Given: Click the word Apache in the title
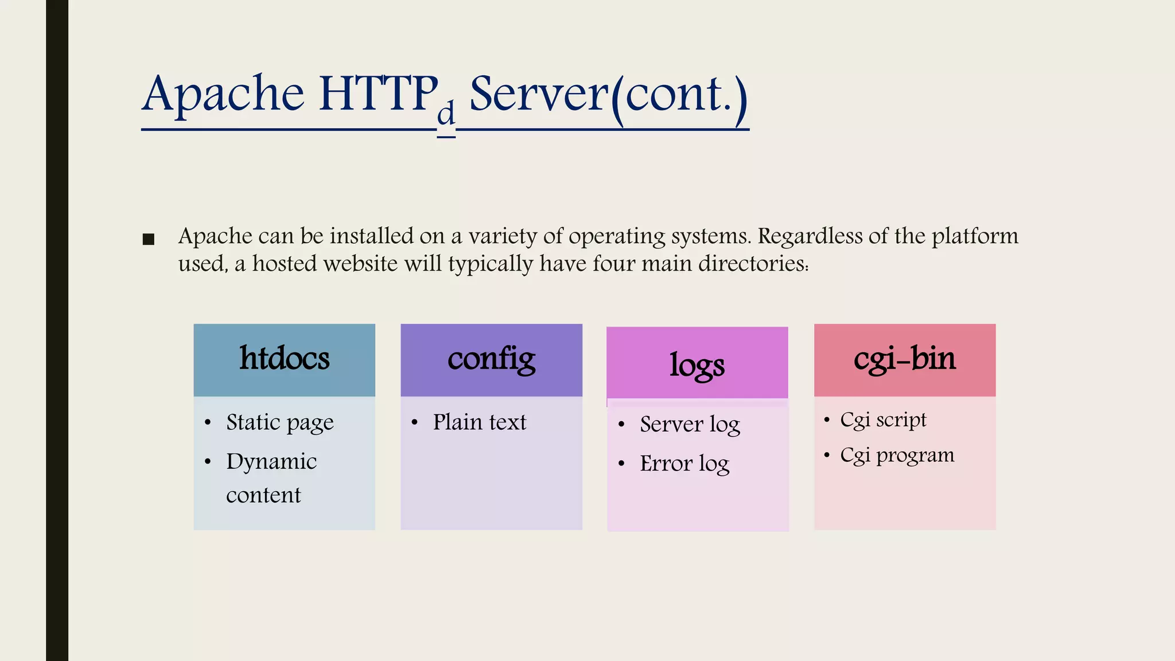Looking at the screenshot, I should click(223, 95).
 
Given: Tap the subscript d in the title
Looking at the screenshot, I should click(446, 114).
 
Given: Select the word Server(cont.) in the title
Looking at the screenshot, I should click(609, 95).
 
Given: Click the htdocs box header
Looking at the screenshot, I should click(284, 359).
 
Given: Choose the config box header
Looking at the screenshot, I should click(491, 359).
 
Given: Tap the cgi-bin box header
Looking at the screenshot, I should click(905, 359).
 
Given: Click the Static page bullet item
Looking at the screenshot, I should click(279, 423).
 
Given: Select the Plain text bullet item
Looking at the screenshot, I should click(479, 422).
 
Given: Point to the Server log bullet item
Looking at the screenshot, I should click(690, 425).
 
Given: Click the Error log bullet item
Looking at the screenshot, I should click(684, 464).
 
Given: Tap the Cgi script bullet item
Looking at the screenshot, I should click(883, 420).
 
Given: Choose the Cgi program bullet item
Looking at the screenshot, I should click(897, 456).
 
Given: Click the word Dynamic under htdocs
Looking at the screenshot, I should click(271, 462).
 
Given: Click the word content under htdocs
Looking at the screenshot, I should click(263, 495).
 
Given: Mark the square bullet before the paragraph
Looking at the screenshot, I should click(149, 239).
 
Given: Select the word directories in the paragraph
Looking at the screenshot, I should click(752, 263).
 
